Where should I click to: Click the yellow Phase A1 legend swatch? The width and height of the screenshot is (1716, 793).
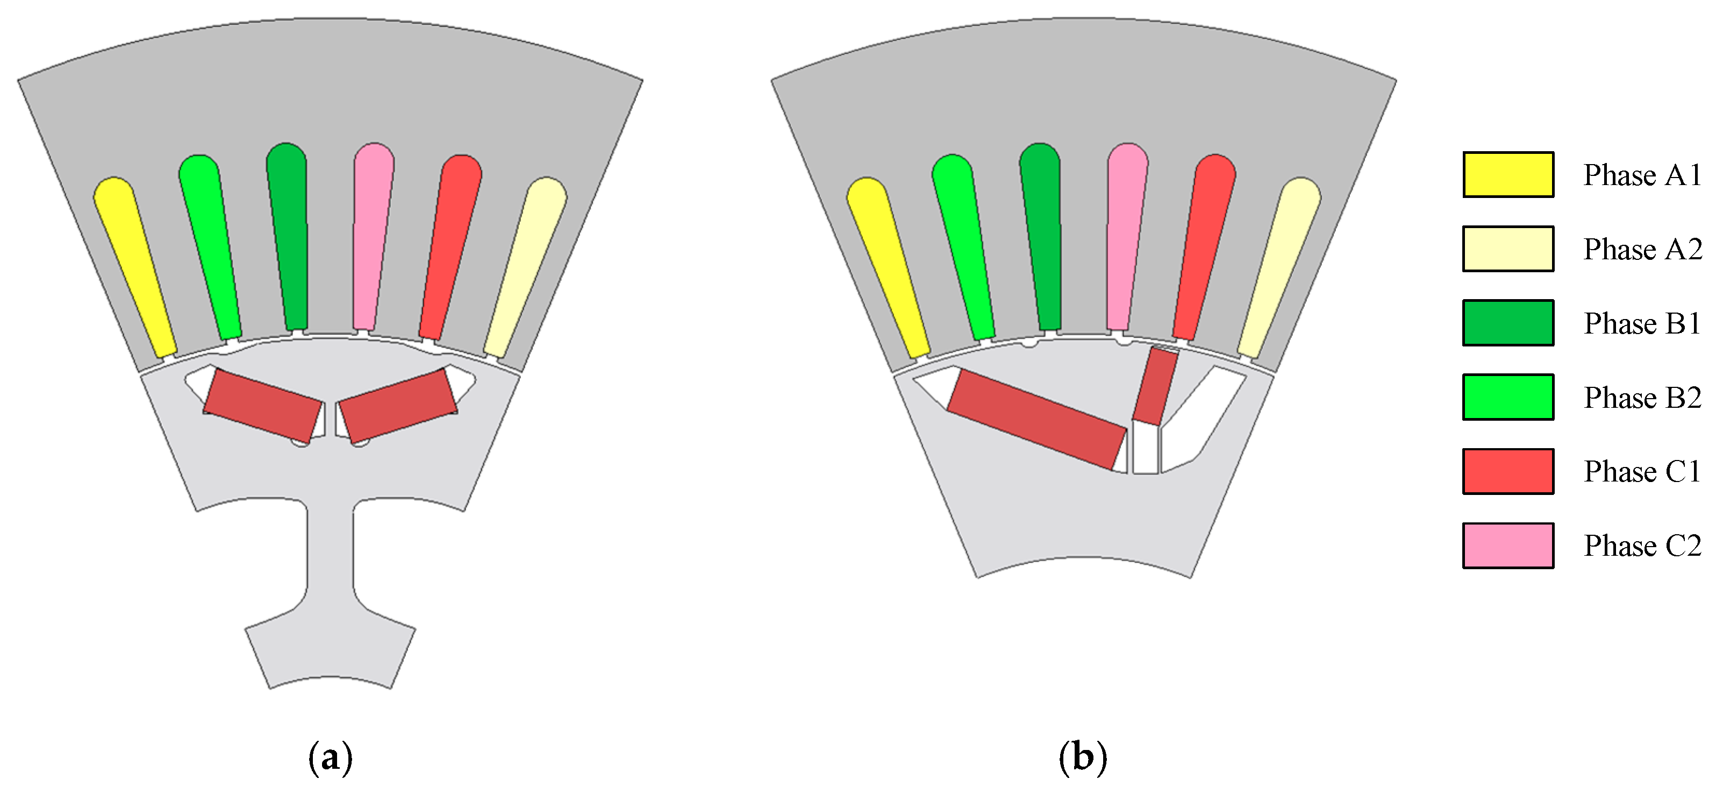[1508, 175]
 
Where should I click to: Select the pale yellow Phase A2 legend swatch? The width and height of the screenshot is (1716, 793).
[1508, 249]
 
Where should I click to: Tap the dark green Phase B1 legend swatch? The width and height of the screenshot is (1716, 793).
[1508, 323]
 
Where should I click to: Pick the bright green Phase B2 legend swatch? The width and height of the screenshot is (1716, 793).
[1508, 397]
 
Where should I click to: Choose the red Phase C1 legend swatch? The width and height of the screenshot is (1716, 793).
[1508, 471]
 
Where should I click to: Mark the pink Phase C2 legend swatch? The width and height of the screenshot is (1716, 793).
[1508, 546]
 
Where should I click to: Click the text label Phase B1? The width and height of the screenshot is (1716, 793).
[1642, 323]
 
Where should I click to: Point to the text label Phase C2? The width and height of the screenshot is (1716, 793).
[1642, 546]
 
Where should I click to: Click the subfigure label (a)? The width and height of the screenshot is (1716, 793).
[331, 757]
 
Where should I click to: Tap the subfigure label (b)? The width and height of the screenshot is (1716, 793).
[1083, 757]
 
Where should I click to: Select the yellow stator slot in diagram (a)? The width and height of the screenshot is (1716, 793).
[135, 266]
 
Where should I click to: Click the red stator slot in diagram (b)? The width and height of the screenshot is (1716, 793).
[1203, 246]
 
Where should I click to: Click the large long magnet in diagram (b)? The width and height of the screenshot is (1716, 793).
[1037, 420]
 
